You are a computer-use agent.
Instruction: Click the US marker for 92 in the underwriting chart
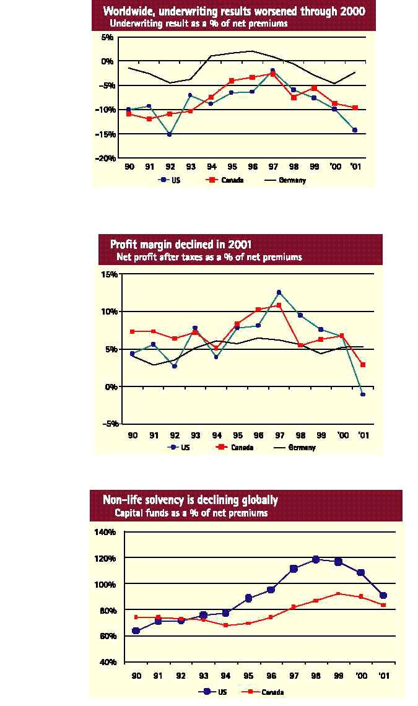click(169, 134)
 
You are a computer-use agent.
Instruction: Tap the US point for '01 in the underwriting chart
click(355, 130)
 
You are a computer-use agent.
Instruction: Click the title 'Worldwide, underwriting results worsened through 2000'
click(234, 11)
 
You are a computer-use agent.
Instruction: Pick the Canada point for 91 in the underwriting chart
click(149, 119)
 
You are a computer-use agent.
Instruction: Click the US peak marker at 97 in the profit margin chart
click(279, 292)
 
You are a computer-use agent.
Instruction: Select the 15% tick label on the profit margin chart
click(110, 274)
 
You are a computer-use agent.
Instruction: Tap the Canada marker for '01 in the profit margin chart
click(363, 365)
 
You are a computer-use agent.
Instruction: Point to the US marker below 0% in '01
click(363, 394)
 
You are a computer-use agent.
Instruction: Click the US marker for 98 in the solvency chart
click(316, 559)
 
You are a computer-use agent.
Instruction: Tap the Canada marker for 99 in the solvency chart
click(338, 593)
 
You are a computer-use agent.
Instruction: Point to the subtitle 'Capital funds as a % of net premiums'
click(191, 513)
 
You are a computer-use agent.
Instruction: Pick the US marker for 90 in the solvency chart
click(136, 631)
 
